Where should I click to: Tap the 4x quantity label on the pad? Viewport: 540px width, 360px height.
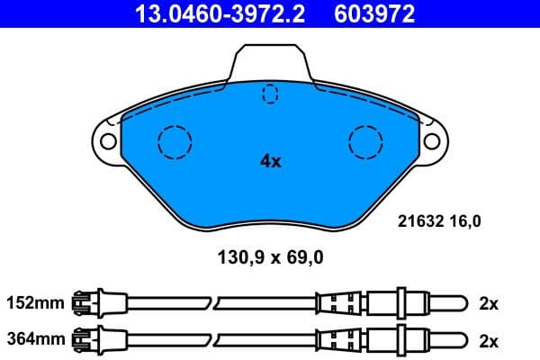[x=270, y=162]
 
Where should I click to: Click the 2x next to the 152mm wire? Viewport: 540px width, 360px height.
[x=488, y=303]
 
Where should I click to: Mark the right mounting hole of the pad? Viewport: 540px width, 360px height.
[x=433, y=141]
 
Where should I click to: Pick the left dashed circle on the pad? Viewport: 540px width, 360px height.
[x=175, y=141]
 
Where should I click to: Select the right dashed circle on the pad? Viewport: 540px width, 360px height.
[x=366, y=141]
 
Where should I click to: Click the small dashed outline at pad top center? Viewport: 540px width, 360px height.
[x=270, y=94]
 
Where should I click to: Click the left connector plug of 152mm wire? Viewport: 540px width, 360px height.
[x=89, y=303]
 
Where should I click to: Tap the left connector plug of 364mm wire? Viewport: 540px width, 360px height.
[x=89, y=339]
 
